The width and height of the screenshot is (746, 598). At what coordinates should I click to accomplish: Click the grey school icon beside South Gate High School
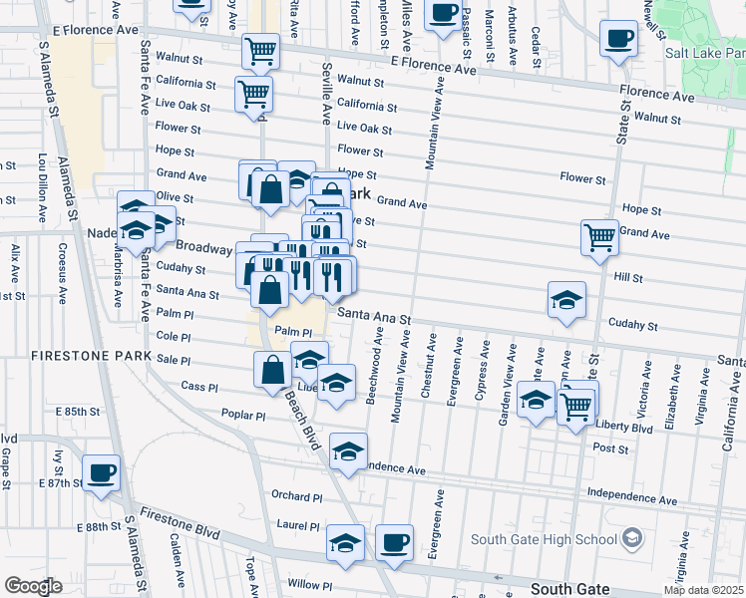[631, 539]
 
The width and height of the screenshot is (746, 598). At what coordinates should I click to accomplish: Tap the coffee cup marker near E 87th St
[101, 473]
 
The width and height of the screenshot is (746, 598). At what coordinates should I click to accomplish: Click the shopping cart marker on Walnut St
[260, 49]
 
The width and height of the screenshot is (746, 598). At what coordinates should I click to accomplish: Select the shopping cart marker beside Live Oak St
[254, 94]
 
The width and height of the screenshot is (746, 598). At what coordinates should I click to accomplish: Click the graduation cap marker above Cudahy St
[566, 300]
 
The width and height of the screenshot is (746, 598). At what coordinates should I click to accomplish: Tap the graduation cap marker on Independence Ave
[348, 450]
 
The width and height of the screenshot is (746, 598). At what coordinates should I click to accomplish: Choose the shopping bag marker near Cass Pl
[273, 370]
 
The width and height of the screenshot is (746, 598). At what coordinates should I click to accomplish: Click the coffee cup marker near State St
[618, 40]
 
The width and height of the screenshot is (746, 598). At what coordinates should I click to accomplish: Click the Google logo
[32, 586]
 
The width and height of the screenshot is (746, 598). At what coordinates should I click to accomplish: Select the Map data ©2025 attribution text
[703, 590]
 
